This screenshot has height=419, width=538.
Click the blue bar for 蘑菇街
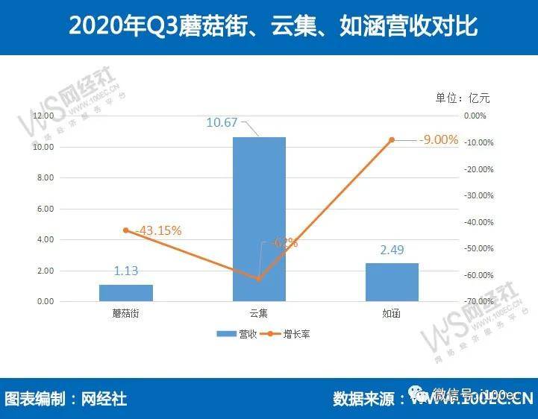(125, 293)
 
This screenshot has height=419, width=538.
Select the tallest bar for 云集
(259, 219)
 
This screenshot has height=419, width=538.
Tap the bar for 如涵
(392, 282)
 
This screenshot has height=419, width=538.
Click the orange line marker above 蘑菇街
(125, 230)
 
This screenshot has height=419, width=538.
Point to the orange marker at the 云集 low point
(259, 279)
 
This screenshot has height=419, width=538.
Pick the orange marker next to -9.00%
(392, 139)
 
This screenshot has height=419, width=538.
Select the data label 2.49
(392, 250)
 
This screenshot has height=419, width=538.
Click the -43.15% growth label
(156, 230)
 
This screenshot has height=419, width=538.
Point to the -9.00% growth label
(438, 139)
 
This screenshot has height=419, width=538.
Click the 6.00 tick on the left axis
(45, 209)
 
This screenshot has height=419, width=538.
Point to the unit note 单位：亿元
(462, 98)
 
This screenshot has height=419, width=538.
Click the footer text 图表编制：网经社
(66, 398)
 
